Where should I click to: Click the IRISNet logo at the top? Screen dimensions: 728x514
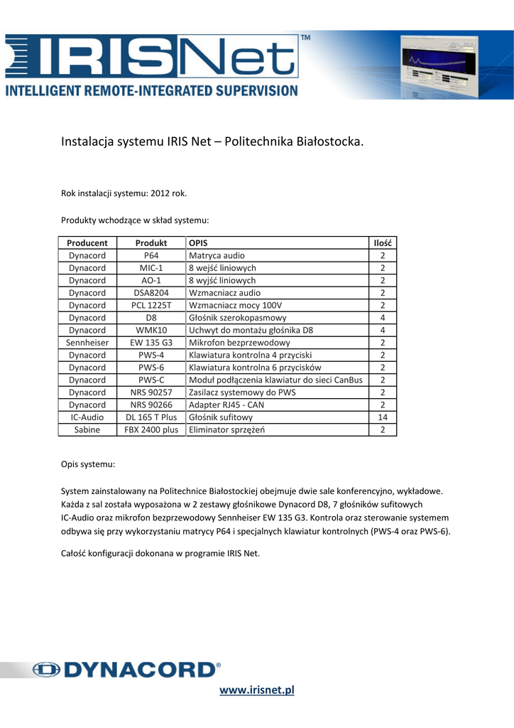point(153,58)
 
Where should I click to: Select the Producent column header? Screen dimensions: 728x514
point(87,242)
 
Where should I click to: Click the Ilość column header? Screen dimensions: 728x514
point(383,242)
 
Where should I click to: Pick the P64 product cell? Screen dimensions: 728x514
point(151,255)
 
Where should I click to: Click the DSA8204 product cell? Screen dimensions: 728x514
point(151,292)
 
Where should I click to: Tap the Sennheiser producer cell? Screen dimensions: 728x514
point(87,342)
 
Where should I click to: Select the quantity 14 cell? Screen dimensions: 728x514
point(383,417)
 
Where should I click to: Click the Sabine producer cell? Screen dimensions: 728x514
point(87,429)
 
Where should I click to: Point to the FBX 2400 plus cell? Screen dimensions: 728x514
point(151,429)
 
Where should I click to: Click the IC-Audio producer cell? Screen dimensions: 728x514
point(87,417)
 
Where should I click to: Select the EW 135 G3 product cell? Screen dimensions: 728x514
point(151,342)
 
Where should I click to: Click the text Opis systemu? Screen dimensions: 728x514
point(88,464)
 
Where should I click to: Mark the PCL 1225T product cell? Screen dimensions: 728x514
point(151,305)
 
